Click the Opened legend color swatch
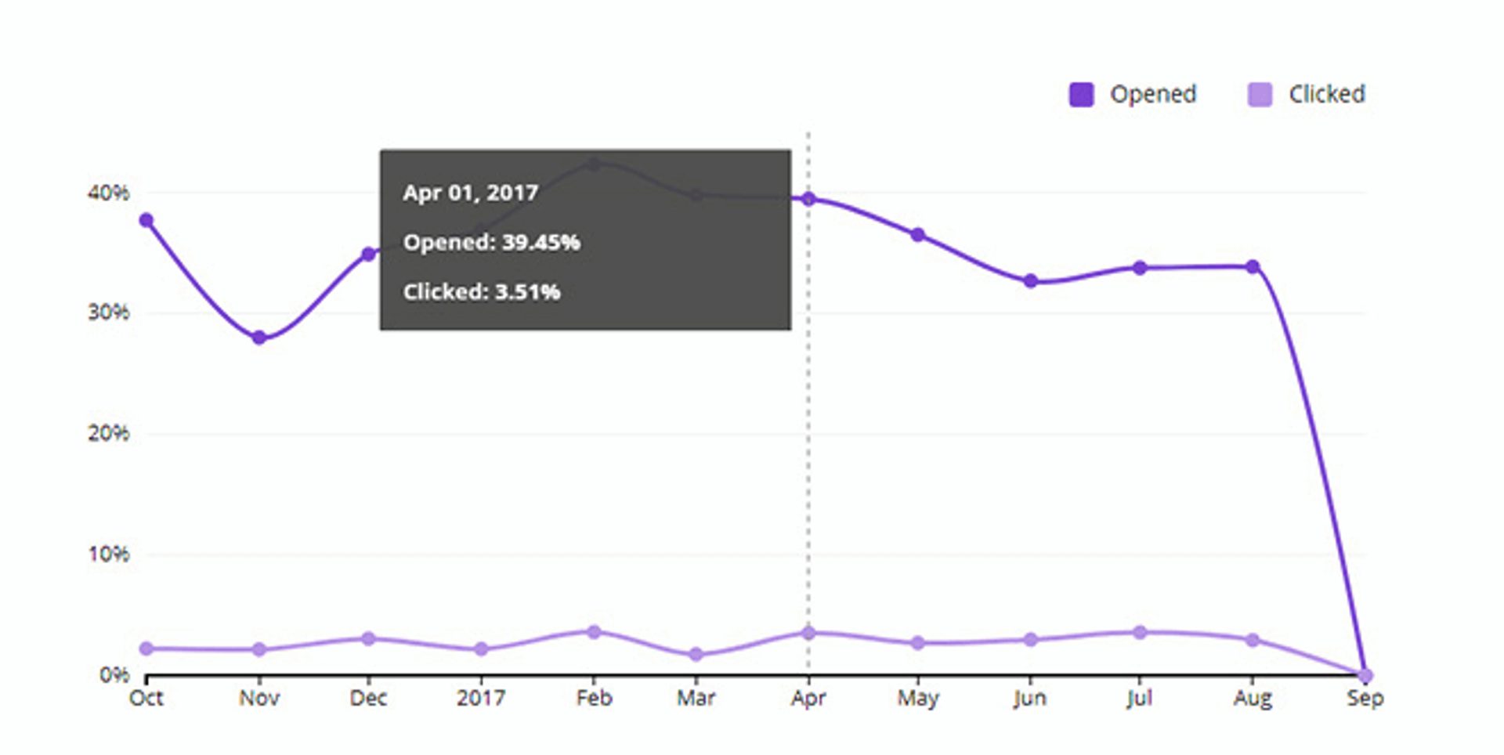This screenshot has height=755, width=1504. pos(1081,95)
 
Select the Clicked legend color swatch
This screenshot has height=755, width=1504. pos(1260,95)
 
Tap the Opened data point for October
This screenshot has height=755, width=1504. pos(146,221)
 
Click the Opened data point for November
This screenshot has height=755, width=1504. pos(259,338)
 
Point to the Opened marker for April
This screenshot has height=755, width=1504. pos(808,199)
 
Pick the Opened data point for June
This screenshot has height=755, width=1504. pos(1031,281)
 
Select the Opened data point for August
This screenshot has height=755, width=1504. pos(1253,267)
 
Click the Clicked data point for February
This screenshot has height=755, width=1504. pos(594,632)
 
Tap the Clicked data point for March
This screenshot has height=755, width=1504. pos(696,654)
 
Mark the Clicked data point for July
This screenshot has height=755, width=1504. pos(1140,633)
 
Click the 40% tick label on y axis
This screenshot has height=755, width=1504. pos(108,193)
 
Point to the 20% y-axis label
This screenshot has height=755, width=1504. pos(108,433)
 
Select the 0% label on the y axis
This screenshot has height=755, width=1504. pos(114,674)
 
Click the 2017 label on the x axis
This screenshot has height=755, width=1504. pos(481,698)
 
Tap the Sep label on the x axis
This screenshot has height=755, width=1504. pos(1365,698)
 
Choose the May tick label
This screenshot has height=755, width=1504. pos(918,698)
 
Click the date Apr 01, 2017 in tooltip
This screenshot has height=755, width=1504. pos(471,193)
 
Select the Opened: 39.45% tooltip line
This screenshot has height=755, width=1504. pos(491,242)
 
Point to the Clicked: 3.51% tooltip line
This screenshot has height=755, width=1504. pos(482,292)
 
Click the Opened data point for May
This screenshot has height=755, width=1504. pos(918,235)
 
